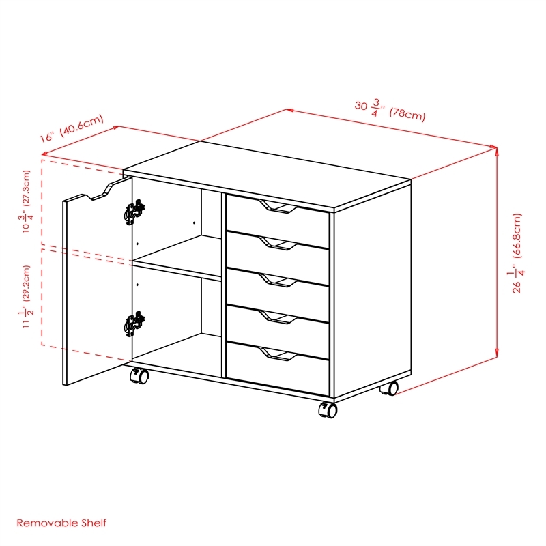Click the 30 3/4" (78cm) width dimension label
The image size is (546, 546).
[390, 110]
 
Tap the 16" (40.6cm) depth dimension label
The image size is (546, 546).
[72, 128]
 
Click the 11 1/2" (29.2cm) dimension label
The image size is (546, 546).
[26, 296]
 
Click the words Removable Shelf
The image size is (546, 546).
[61, 523]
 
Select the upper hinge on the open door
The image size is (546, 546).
[134, 211]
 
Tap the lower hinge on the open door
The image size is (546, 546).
[134, 324]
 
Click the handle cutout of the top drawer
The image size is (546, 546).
[278, 207]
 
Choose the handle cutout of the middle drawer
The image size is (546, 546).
[278, 280]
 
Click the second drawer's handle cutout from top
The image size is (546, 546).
[278, 244]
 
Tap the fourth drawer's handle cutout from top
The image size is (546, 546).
[278, 316]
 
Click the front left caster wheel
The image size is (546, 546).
[140, 375]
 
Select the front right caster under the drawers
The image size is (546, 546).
[328, 409]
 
